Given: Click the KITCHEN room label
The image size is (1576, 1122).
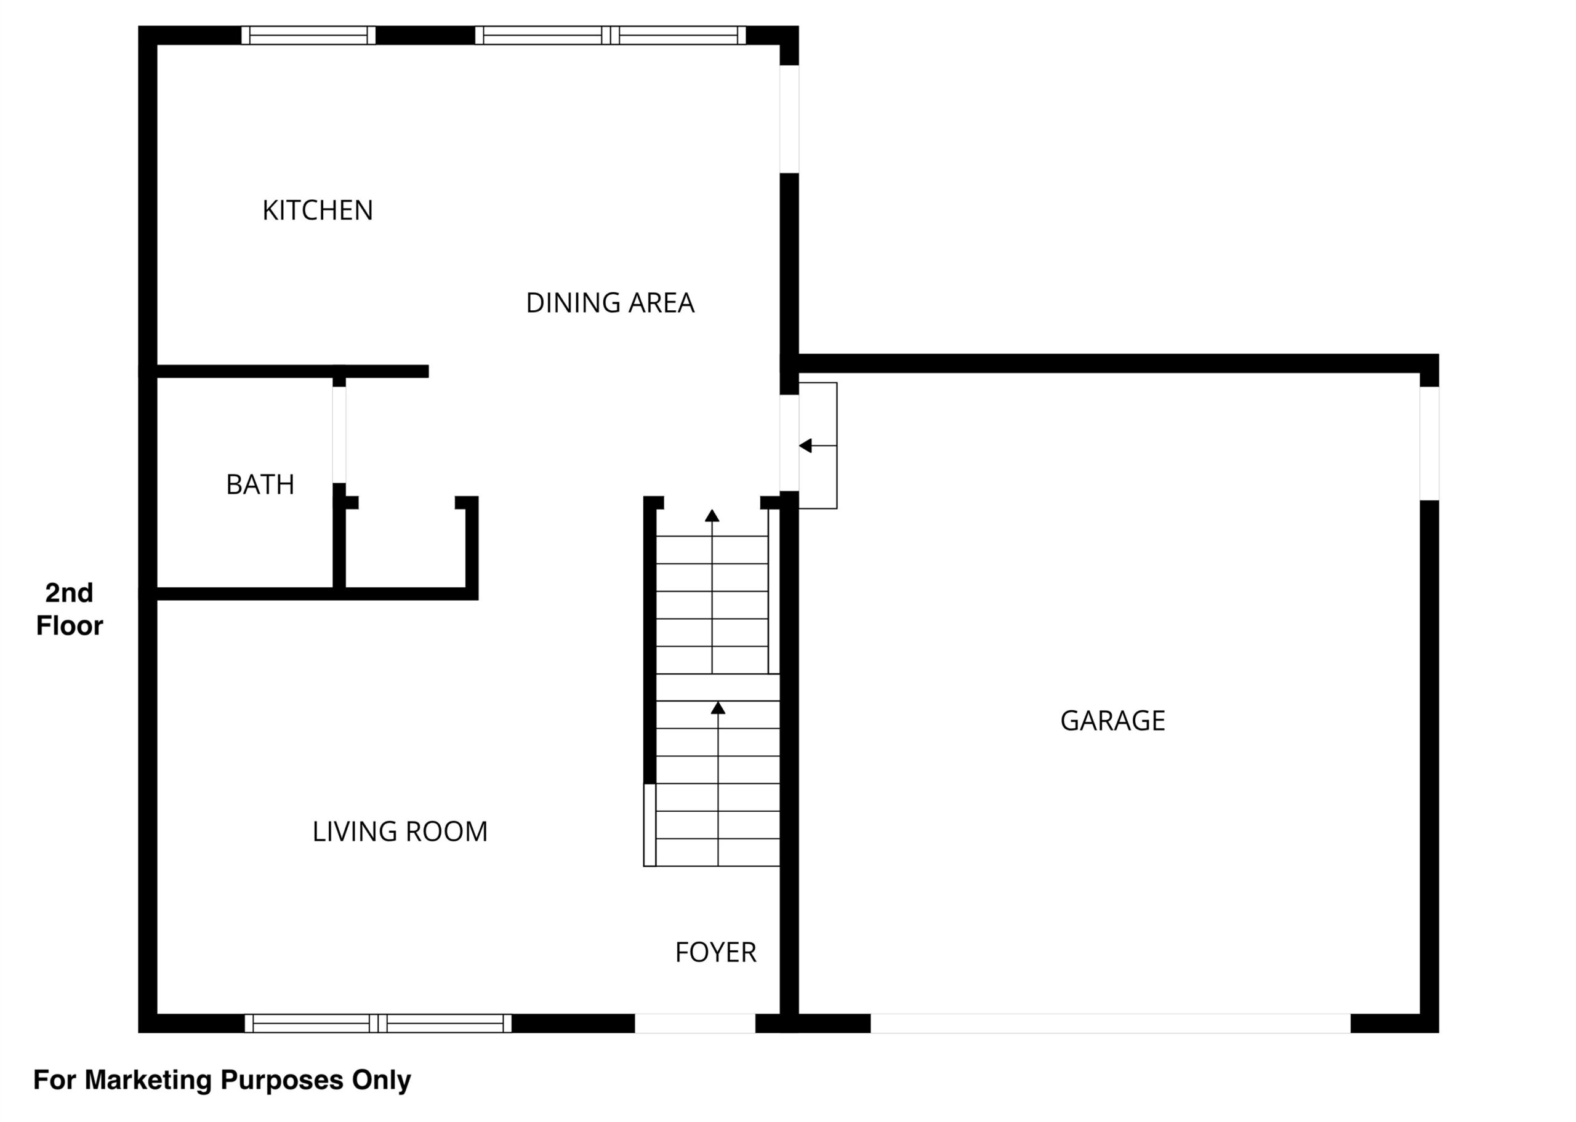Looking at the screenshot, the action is [317, 210].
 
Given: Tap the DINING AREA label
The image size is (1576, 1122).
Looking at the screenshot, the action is [610, 303].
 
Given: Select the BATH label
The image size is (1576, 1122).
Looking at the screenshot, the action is [260, 484].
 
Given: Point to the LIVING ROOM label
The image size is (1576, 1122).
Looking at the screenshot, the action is [400, 831].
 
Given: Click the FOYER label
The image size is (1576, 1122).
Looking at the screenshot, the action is [716, 952].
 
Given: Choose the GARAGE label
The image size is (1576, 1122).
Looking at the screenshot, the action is [1112, 721].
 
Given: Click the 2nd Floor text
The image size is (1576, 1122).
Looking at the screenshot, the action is [69, 609].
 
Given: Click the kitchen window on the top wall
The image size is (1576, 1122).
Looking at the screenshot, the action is [309, 35].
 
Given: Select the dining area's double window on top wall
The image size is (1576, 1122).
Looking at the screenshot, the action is [611, 35].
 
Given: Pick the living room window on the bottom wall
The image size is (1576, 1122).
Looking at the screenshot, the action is [378, 1023].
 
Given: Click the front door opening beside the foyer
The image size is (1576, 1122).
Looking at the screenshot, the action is [695, 1023].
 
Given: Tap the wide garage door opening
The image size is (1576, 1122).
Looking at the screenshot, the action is [1111, 1023].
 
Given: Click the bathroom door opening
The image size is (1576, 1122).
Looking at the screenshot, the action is [339, 435].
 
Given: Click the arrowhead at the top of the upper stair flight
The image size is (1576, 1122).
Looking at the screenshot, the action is [712, 515].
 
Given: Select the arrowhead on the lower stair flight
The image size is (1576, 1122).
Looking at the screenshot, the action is [718, 707].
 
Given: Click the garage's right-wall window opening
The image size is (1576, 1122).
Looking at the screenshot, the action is [1429, 443].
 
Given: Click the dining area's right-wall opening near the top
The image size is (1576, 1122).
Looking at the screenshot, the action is [790, 119].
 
